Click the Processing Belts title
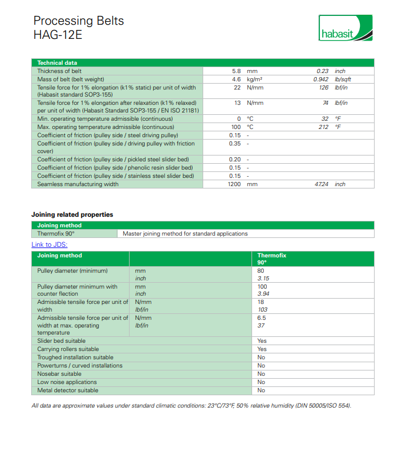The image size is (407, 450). (78, 21)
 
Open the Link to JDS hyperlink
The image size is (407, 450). (49, 244)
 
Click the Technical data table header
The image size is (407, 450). (57, 63)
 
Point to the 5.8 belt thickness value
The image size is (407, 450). (237, 71)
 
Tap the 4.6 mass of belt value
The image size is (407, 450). (237, 80)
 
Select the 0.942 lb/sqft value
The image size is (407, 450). (321, 80)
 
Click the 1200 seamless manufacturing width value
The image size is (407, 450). (235, 184)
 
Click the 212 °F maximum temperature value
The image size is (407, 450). (323, 127)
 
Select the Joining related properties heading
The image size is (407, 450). (72, 214)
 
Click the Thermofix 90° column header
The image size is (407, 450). (272, 259)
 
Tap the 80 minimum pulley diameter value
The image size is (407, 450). (261, 270)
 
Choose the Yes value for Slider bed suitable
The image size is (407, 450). (262, 341)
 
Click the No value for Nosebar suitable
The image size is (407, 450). (262, 374)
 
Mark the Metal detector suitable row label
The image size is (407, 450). (68, 391)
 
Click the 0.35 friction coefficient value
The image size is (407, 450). (235, 143)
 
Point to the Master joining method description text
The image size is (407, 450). (185, 234)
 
